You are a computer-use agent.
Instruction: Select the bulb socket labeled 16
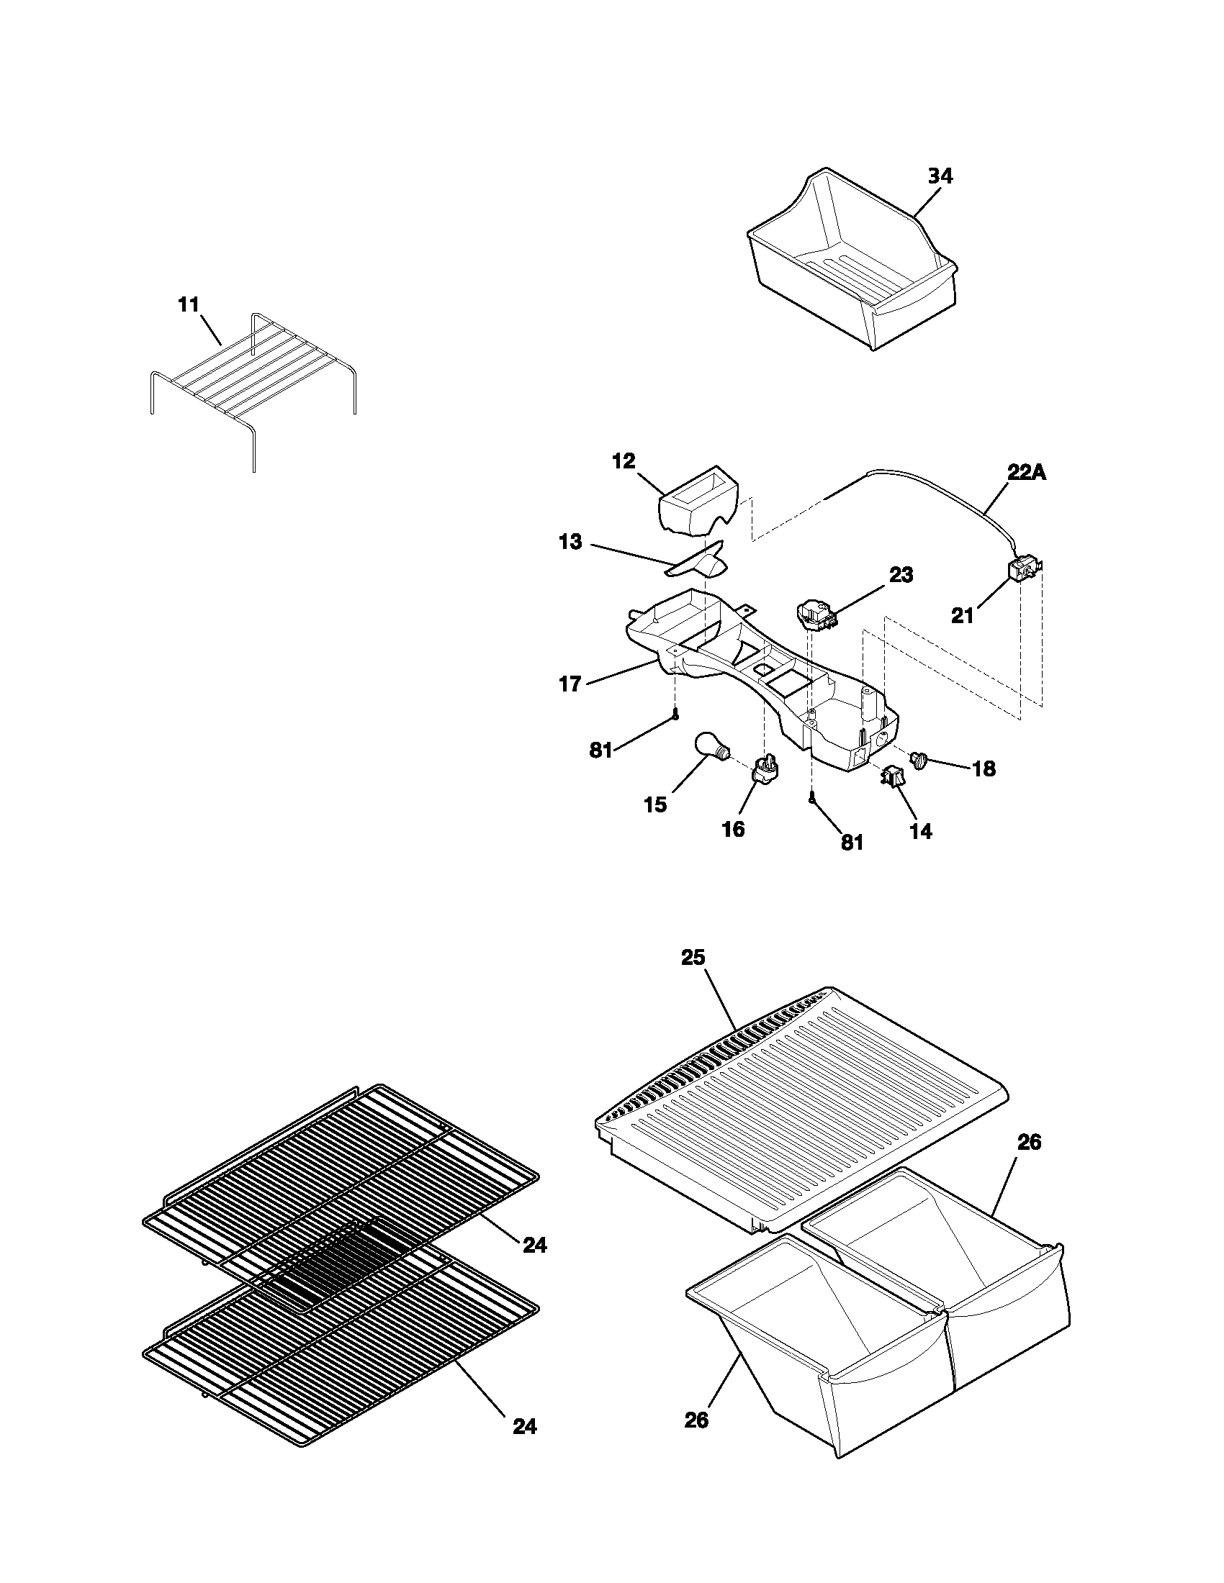tap(767, 770)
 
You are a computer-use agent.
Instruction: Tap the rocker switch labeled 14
tap(891, 777)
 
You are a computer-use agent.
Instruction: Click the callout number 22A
tap(1027, 473)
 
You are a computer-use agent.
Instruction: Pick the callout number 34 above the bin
tap(940, 176)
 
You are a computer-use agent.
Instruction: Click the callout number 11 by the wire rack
tap(189, 305)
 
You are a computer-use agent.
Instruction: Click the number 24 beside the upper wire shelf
tap(534, 1246)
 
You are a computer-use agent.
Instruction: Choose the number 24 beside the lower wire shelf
tap(524, 1426)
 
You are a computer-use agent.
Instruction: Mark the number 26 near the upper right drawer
tap(1029, 1143)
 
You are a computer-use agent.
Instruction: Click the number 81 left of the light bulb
tap(601, 751)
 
